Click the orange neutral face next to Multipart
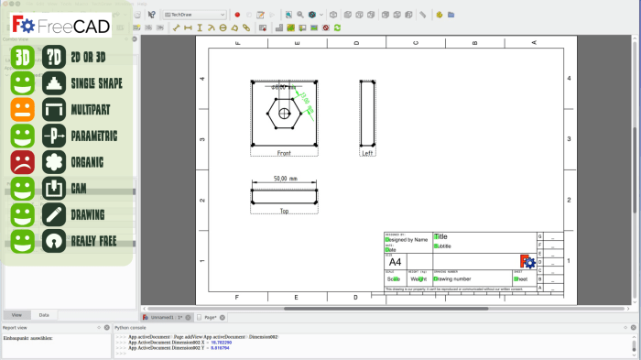[23, 110]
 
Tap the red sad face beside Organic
[23, 163]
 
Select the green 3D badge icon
[23, 57]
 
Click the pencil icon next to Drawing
[54, 215]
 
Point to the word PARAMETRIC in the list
[94, 136]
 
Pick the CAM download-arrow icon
[54, 189]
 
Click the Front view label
[284, 153]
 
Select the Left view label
[367, 153]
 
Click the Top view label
[284, 211]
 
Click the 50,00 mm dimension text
[287, 179]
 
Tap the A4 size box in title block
[397, 262]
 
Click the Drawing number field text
[451, 278]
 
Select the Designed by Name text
[408, 239]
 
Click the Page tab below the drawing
[209, 317]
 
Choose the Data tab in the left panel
[44, 314]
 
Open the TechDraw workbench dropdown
[194, 15]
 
